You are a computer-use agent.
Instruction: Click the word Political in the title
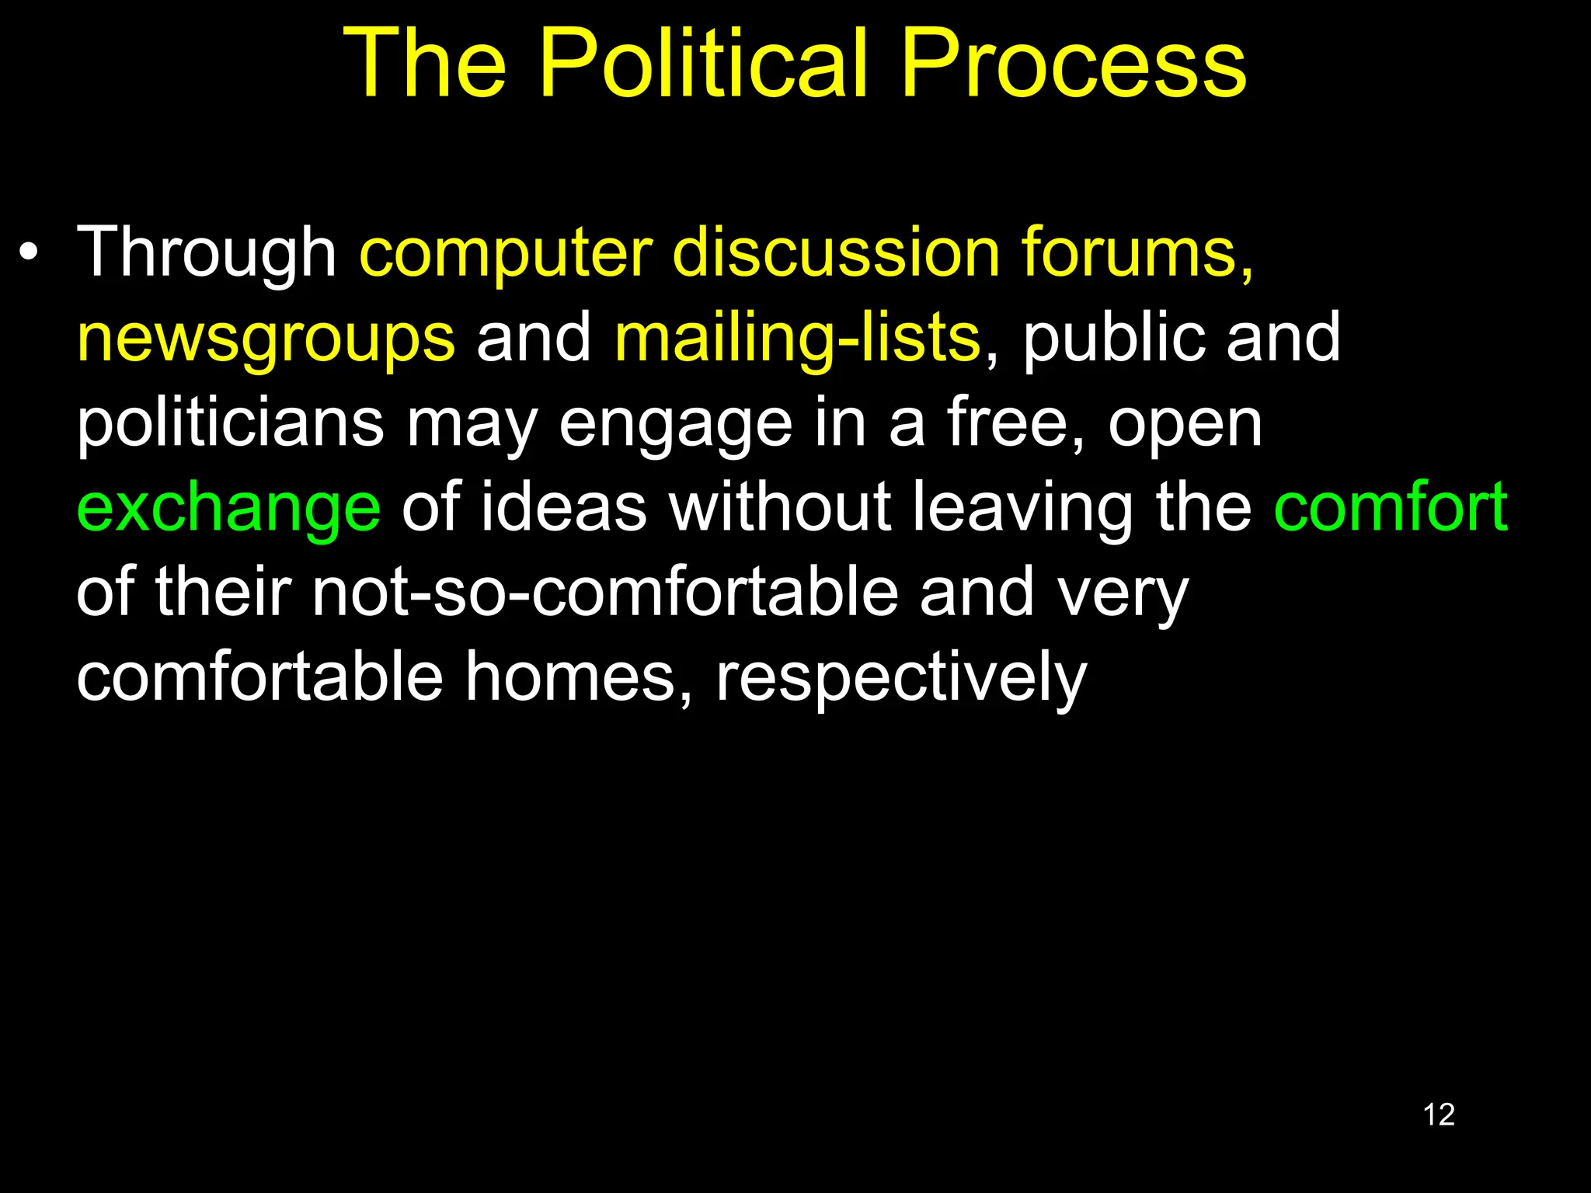(x=702, y=64)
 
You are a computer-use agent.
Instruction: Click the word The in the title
(x=425, y=64)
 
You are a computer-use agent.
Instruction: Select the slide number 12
(x=1438, y=1115)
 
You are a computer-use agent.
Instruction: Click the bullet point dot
(x=29, y=252)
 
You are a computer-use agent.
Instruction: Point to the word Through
(x=206, y=252)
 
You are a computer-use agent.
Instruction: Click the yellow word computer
(x=506, y=252)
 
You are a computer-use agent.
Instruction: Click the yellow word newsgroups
(x=266, y=339)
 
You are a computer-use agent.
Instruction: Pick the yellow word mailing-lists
(x=797, y=339)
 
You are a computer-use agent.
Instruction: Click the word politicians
(x=230, y=423)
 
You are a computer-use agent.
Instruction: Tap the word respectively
(x=900, y=677)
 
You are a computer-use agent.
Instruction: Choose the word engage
(x=675, y=423)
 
